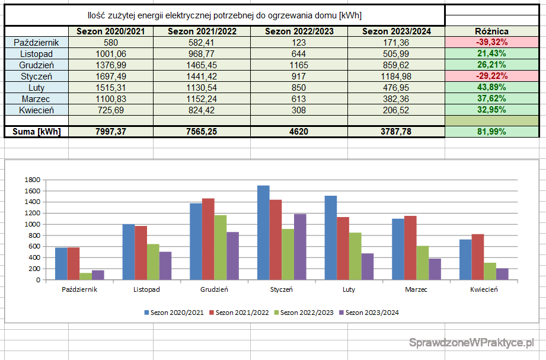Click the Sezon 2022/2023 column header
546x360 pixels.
pyautogui.click(x=299, y=31)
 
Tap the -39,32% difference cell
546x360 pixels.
pyautogui.click(x=491, y=43)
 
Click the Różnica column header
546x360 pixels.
pyautogui.click(x=491, y=31)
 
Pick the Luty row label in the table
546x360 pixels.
pyautogui.click(x=36, y=88)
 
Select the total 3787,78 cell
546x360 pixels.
pyautogui.click(x=396, y=132)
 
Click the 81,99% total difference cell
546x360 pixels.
pyautogui.click(x=491, y=132)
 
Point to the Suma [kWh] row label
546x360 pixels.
pyautogui.click(x=36, y=132)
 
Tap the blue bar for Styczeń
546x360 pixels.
pyautogui.click(x=263, y=232)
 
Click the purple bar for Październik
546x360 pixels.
pyautogui.click(x=97, y=275)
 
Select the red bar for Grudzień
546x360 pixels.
pyautogui.click(x=208, y=239)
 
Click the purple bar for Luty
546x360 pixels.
pyautogui.click(x=368, y=266)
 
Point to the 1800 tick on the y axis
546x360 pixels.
pyautogui.click(x=31, y=180)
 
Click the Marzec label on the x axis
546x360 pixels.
pyautogui.click(x=416, y=289)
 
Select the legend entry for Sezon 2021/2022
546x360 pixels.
pyautogui.click(x=241, y=312)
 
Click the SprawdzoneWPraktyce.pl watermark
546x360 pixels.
pyautogui.click(x=472, y=342)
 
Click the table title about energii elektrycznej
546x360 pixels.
pyautogui.click(x=224, y=15)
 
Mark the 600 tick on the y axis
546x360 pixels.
pyautogui.click(x=33, y=247)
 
